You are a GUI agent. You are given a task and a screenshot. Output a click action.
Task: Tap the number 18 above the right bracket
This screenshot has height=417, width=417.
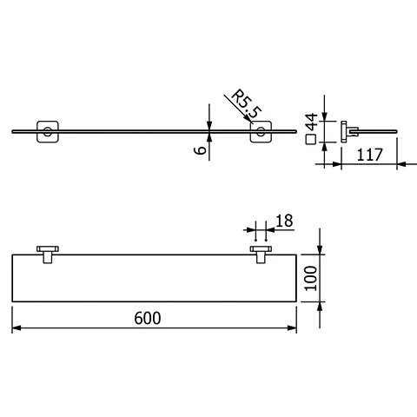coord(283,223)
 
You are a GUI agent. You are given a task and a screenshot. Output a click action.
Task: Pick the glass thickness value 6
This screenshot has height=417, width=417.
coord(199,150)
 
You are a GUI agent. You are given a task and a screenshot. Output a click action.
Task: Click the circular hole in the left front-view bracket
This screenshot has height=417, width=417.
coord(43,133)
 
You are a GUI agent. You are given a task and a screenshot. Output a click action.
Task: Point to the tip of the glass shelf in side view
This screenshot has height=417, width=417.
coord(398,134)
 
